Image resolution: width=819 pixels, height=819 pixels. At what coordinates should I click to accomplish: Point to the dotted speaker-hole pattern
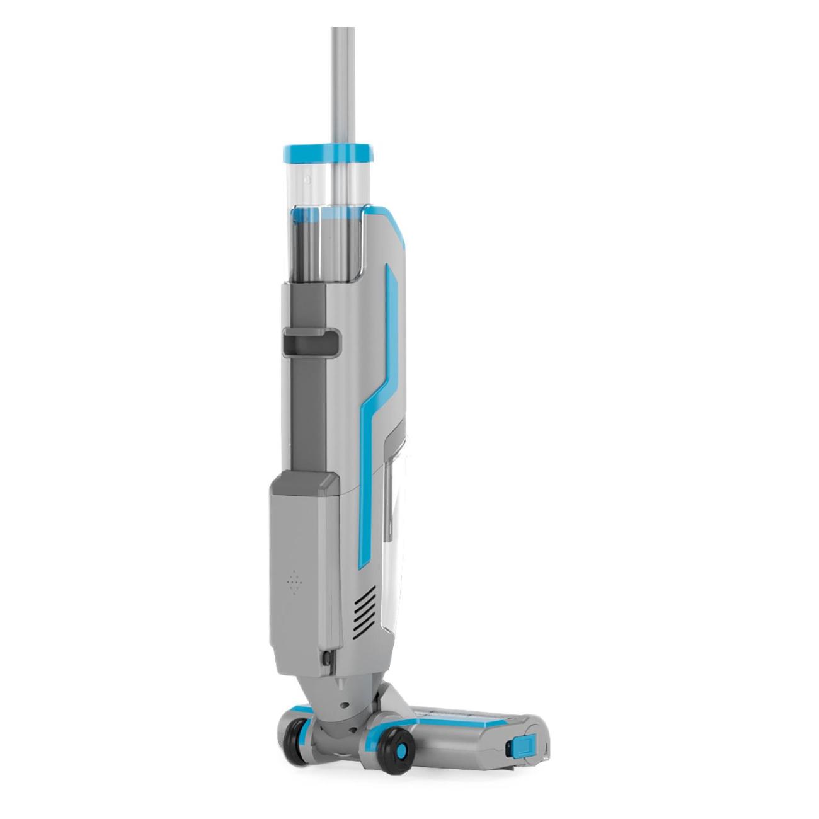(x=293, y=581)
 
